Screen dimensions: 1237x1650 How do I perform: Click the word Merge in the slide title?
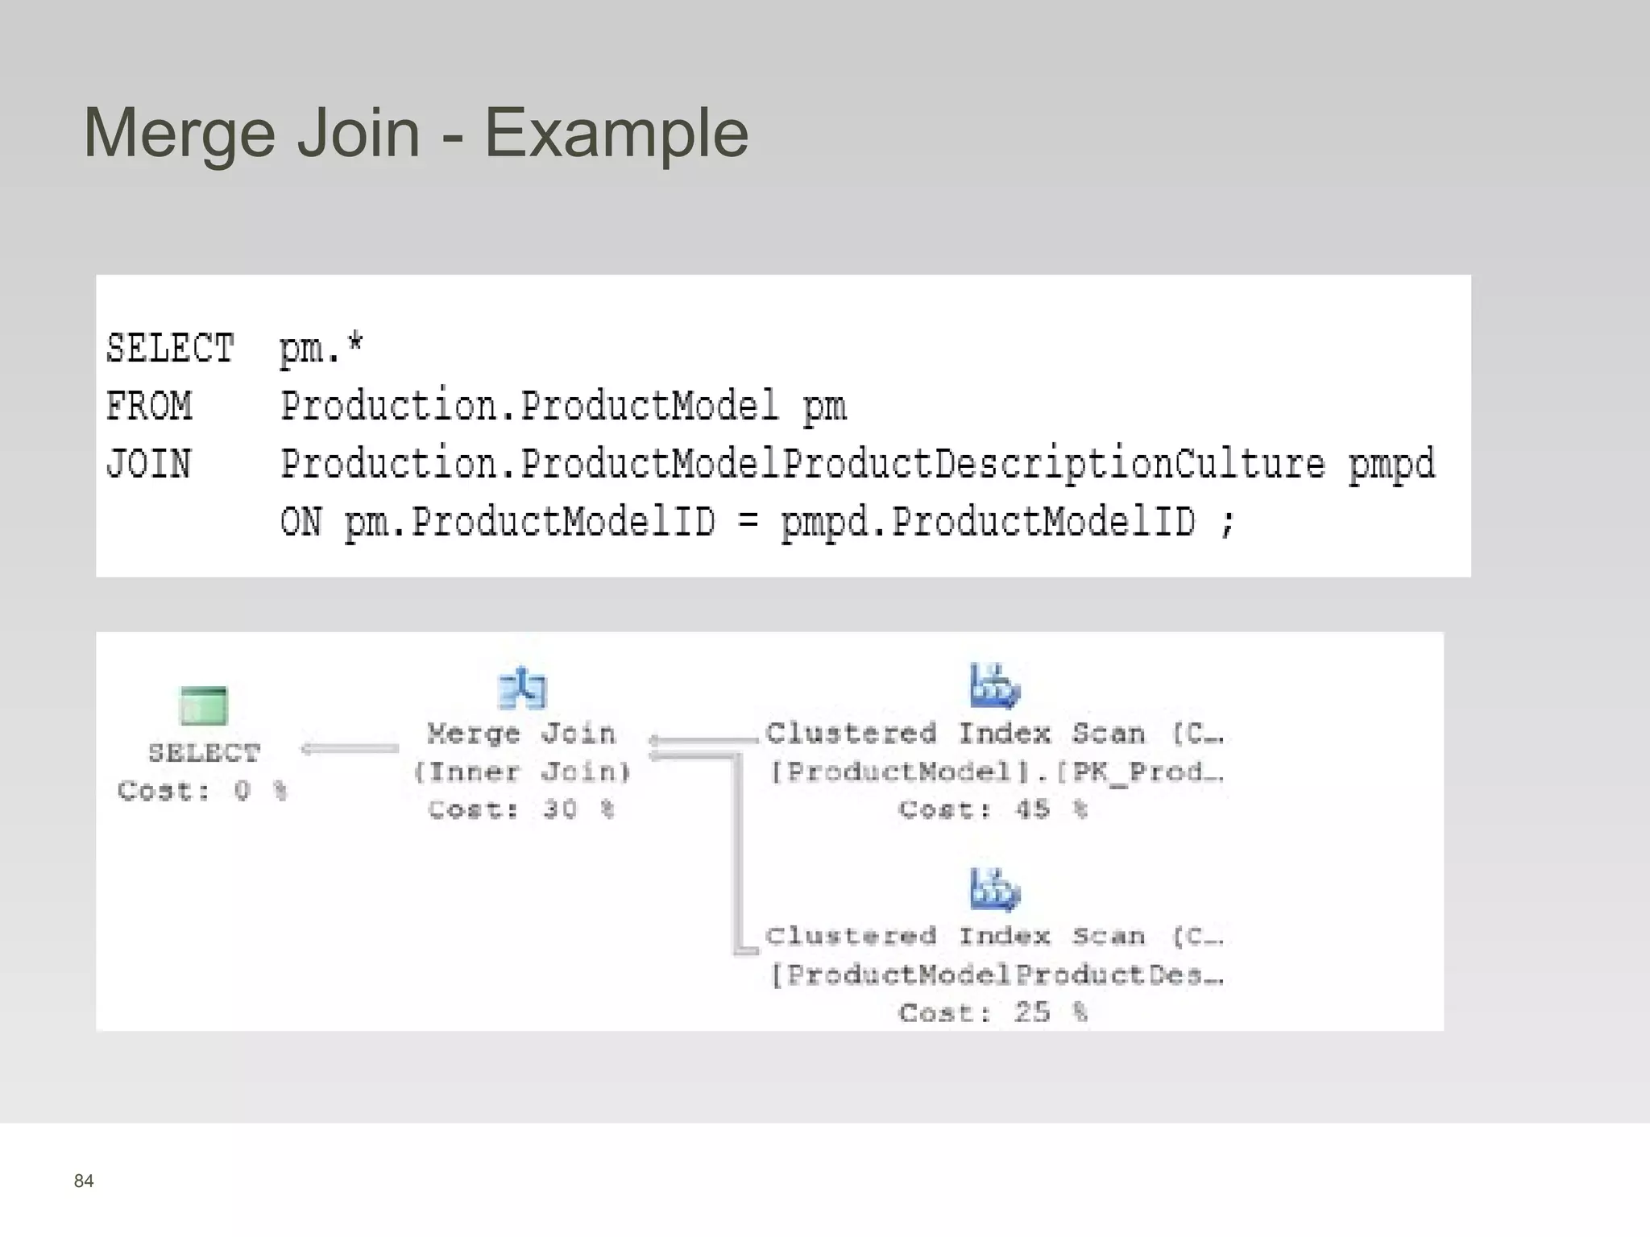(180, 134)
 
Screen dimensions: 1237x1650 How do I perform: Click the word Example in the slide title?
(616, 134)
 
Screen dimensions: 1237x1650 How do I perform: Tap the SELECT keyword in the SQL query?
(170, 349)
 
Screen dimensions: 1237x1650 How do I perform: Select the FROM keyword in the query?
(149, 406)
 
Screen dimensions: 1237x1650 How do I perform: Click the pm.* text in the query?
(321, 350)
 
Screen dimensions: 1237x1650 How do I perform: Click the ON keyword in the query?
(301, 522)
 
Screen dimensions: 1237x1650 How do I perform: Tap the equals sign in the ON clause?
(748, 522)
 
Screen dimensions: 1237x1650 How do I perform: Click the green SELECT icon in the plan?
(204, 705)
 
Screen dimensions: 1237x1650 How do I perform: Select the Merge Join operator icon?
(522, 689)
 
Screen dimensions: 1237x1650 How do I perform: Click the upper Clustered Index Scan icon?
(994, 685)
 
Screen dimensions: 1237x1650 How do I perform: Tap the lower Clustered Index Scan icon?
(994, 890)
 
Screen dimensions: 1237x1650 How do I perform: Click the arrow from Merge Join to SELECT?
(350, 749)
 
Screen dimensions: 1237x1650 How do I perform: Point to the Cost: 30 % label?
(521, 809)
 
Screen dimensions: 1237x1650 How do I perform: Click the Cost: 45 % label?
(993, 809)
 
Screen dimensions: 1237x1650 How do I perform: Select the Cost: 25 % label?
(993, 1012)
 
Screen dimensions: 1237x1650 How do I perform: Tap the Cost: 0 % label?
(202, 791)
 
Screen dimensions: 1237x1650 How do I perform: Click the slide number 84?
(84, 1181)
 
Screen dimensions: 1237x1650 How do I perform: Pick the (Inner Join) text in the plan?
(522, 772)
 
